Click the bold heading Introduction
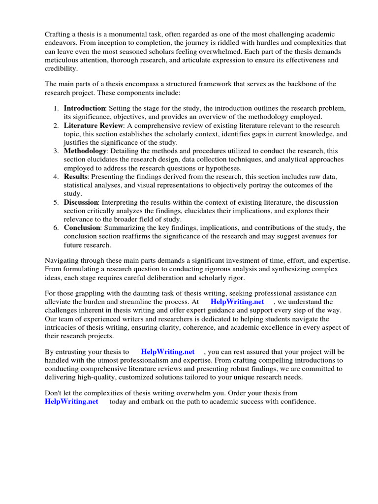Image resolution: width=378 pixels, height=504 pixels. [84, 108]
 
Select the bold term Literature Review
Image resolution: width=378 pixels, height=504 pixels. [94, 126]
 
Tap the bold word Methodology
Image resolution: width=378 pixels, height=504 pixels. [85, 151]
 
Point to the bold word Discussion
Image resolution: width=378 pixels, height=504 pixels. [81, 202]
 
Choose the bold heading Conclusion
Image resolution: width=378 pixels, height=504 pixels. [82, 228]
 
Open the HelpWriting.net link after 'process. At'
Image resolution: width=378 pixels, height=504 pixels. [237, 302]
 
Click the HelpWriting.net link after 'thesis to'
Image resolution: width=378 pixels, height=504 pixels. [168, 352]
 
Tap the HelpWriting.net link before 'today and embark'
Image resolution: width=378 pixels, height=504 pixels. [71, 402]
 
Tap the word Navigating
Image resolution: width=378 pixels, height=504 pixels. [63, 260]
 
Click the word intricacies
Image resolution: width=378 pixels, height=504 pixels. [63, 327]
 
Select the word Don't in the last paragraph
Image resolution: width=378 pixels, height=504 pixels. [54, 393]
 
